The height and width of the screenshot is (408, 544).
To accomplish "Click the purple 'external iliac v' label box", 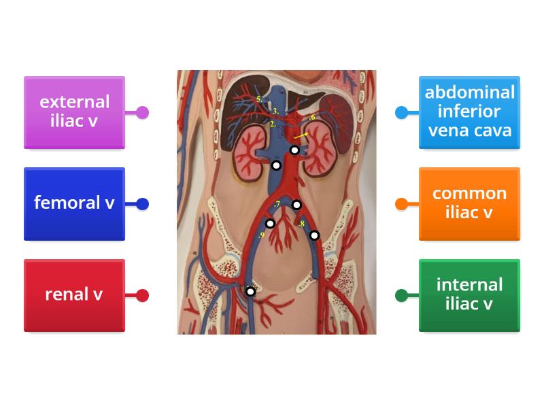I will click(x=74, y=112).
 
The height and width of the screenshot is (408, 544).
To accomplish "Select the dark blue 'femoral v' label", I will click(x=74, y=203).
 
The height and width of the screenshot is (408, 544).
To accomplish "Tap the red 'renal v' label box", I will click(x=74, y=295).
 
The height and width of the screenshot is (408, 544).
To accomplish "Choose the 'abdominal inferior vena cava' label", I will click(x=469, y=112).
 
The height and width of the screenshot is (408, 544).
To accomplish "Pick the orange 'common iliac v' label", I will click(x=469, y=203).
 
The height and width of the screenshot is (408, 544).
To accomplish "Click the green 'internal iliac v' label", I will click(x=469, y=295).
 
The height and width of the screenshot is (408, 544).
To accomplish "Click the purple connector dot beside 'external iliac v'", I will click(x=142, y=112).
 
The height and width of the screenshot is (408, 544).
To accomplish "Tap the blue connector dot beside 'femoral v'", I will click(x=142, y=203).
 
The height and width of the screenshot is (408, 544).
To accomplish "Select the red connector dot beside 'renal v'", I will click(x=142, y=295).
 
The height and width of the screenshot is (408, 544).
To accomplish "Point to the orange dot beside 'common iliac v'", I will click(x=401, y=203).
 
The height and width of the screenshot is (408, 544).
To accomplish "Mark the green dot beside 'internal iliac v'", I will click(x=401, y=295).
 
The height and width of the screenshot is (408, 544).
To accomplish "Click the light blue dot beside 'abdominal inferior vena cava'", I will click(x=401, y=112).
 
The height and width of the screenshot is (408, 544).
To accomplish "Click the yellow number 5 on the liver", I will click(x=259, y=99).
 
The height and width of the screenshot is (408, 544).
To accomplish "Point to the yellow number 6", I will click(x=312, y=118).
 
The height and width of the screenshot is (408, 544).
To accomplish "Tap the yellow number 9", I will click(x=261, y=235).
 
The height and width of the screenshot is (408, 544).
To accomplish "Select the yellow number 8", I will click(x=301, y=224).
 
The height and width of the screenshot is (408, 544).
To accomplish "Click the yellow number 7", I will click(x=277, y=205).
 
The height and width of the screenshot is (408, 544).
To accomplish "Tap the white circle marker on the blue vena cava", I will click(x=276, y=165).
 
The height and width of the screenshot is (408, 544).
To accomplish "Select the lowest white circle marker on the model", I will click(x=250, y=291).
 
